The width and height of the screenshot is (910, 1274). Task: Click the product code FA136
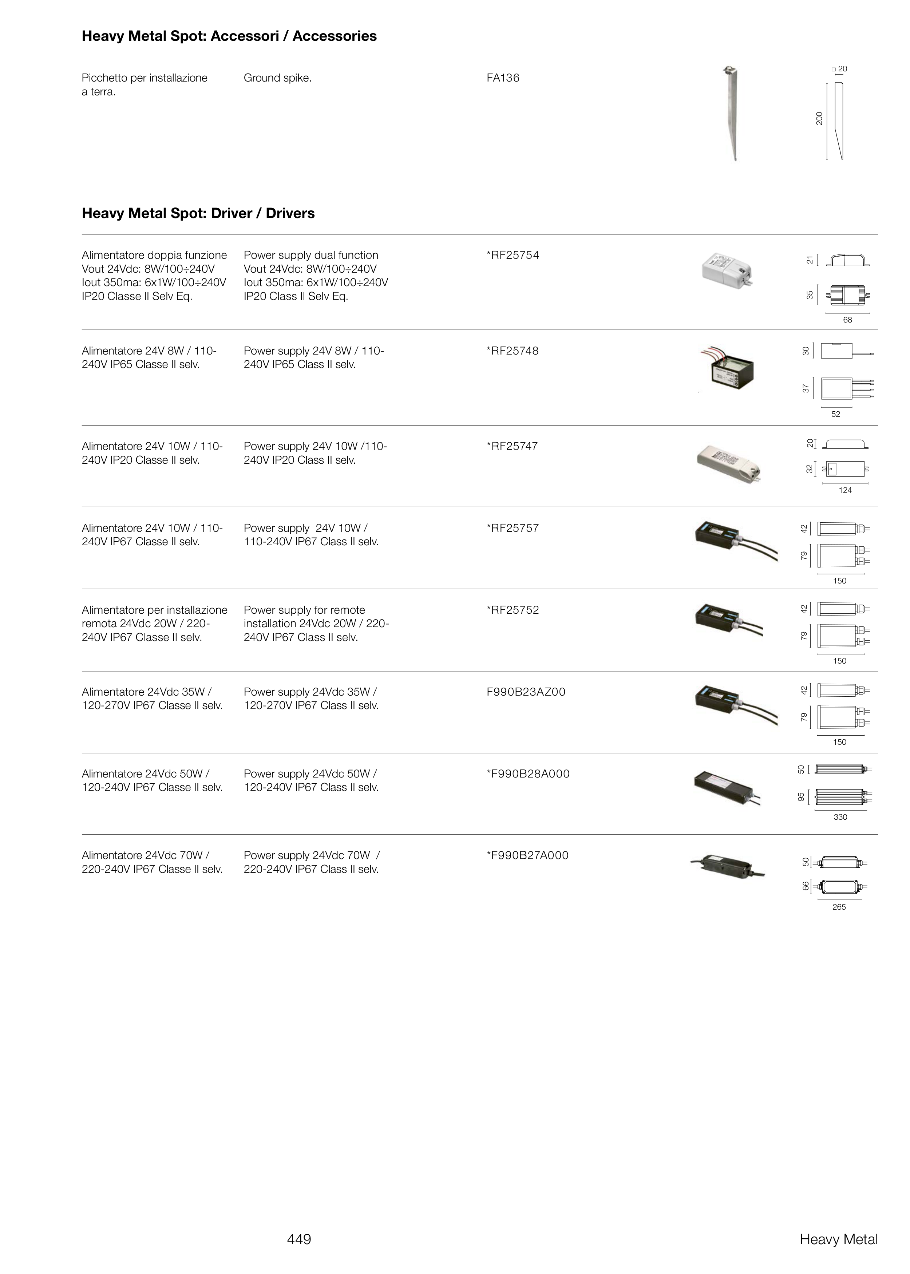(503, 78)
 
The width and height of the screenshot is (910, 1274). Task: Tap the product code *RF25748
(513, 351)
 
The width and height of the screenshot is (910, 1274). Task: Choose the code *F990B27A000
(527, 855)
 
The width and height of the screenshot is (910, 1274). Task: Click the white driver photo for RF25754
(727, 271)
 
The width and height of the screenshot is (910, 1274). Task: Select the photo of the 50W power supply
(727, 786)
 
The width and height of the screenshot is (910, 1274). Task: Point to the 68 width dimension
(847, 320)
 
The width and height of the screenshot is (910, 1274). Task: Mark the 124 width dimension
(845, 490)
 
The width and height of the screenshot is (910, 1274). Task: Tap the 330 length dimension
(840, 818)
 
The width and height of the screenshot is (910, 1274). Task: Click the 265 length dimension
(839, 907)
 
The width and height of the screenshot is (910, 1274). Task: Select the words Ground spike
(277, 78)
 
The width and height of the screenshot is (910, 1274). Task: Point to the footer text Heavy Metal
(838, 1239)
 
